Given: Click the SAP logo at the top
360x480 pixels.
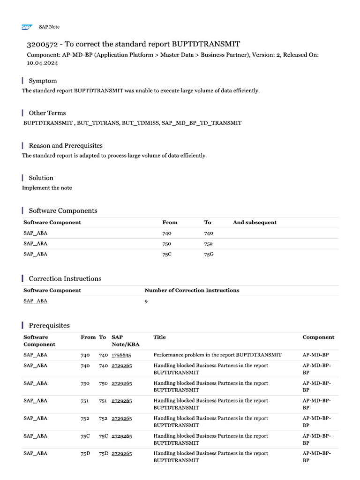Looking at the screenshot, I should [x=27, y=27].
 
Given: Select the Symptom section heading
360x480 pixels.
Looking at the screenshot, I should [x=43, y=81].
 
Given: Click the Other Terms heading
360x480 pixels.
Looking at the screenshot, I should [x=47, y=113].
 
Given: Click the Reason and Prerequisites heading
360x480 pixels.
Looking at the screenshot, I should [x=66, y=145].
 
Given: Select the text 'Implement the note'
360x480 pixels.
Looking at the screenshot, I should [x=47, y=188].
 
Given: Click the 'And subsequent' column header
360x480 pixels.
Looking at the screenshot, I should [x=255, y=222].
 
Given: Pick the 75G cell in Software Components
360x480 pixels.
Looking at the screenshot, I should [x=209, y=254].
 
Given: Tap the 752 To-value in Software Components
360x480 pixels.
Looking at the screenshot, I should [x=208, y=244].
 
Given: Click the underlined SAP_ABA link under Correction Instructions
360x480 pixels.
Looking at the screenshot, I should [x=35, y=301].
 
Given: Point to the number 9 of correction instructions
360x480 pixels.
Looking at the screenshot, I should [x=146, y=301].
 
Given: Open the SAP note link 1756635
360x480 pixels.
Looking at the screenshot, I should [x=121, y=355].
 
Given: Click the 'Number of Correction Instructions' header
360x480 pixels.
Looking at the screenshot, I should [x=192, y=290].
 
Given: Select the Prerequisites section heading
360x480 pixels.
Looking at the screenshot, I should [x=49, y=325].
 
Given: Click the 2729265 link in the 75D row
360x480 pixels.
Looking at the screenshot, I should [x=121, y=453].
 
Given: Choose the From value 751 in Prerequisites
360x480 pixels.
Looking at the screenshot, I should [x=85, y=401].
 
